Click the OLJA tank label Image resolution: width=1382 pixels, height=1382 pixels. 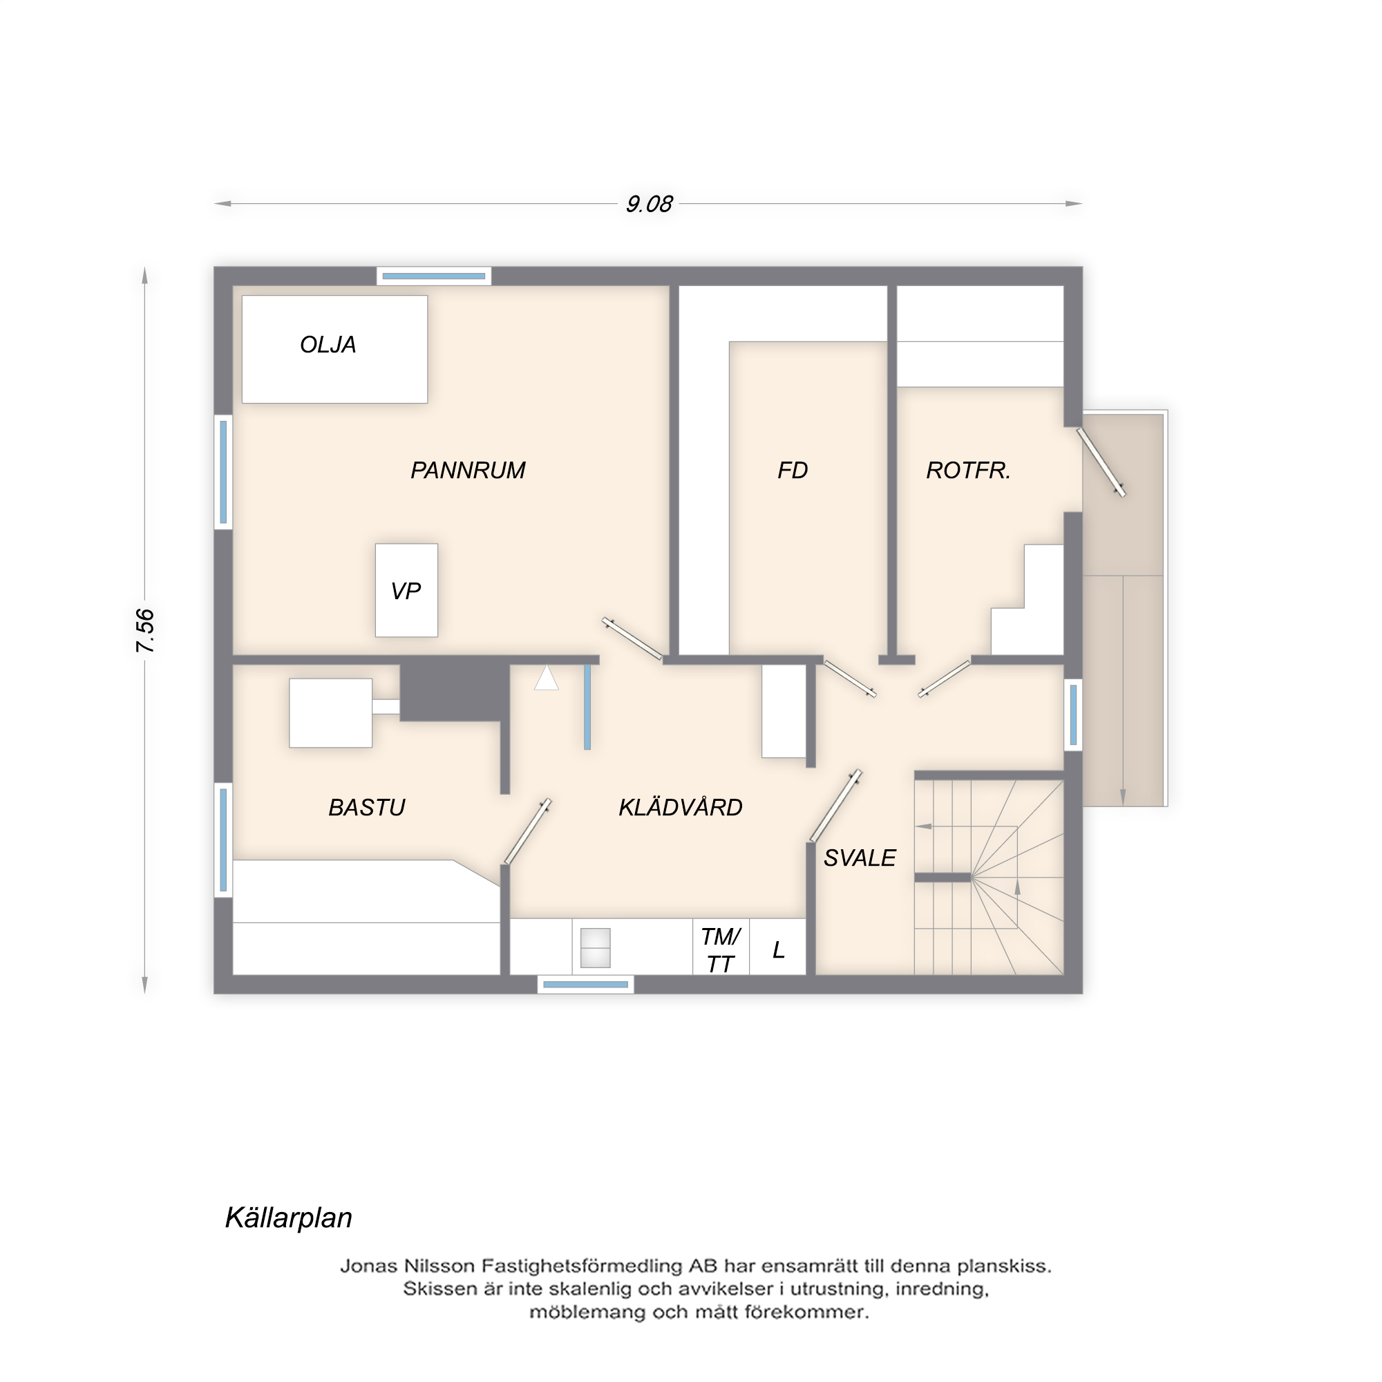point(328,345)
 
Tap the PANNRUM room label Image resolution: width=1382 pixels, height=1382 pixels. point(468,470)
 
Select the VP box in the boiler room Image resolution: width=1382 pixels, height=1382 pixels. point(406,591)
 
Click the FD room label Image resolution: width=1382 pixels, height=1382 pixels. point(793,470)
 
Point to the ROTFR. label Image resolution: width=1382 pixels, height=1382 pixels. point(969,470)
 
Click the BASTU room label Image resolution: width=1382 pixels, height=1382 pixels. point(366,808)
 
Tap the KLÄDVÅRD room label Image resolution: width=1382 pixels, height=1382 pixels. point(680,808)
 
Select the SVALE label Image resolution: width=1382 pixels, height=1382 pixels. point(859,858)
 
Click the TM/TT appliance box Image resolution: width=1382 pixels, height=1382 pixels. point(720,950)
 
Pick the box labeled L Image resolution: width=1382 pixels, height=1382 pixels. point(778,950)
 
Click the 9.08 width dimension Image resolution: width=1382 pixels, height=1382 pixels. point(649,205)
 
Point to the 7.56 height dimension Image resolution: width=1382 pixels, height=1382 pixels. point(145,630)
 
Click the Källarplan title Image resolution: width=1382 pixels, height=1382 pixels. point(288,1218)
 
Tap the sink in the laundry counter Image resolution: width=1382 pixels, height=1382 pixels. point(595,948)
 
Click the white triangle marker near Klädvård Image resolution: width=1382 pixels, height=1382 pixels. point(546,679)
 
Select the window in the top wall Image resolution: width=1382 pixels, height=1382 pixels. point(433,276)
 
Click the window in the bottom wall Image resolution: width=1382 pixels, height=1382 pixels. point(585,985)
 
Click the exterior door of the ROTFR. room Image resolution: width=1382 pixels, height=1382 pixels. point(1101,462)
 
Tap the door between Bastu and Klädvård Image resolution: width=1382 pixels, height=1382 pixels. point(528,831)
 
